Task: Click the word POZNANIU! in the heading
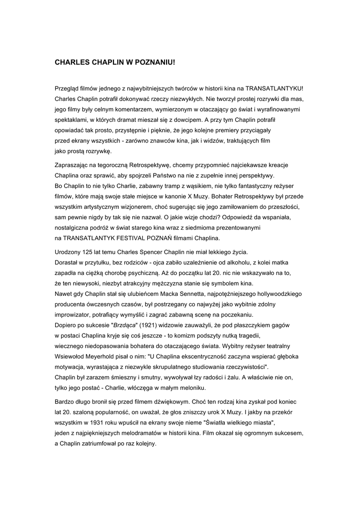pyautogui.click(x=154, y=64)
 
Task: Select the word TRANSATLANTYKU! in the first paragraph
pyautogui.click(x=274, y=87)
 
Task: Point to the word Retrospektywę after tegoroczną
pyautogui.click(x=150, y=165)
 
